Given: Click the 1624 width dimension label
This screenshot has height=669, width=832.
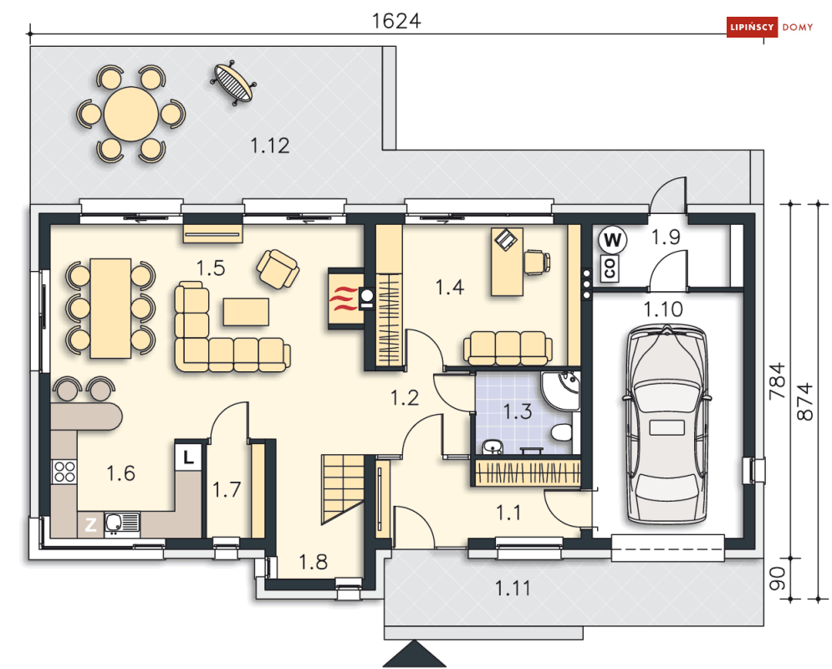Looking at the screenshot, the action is [396, 21].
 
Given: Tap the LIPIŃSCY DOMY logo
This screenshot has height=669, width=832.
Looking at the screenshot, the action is [770, 27].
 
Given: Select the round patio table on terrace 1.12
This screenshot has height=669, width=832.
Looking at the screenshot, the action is [131, 114].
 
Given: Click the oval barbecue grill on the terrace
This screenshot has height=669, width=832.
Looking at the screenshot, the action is [233, 82].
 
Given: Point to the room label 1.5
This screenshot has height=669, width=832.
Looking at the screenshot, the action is [211, 268].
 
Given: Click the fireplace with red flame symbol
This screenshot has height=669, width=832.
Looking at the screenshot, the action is [346, 299].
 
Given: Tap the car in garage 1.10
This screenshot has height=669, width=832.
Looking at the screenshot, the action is [667, 425].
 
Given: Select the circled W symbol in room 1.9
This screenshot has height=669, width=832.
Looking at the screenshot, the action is [612, 240].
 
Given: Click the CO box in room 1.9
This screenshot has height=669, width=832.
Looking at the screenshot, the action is [610, 268].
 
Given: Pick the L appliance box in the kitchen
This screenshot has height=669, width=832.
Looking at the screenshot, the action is [188, 457].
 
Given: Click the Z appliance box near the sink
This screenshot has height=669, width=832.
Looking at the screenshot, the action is [91, 524].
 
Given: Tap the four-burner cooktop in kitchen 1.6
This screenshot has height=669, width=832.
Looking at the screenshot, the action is [64, 472].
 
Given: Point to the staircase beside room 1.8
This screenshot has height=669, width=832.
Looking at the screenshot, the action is [343, 488].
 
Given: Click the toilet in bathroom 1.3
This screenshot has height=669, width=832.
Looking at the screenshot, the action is [561, 432].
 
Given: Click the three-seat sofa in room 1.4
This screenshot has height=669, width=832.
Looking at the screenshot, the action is [508, 348].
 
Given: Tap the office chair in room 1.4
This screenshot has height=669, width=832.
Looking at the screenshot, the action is [537, 262].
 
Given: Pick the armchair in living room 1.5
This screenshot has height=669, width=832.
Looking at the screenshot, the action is [278, 269].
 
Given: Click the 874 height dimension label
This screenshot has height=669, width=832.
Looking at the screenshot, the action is [805, 401].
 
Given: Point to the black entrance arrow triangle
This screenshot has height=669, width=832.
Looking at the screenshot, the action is [414, 654].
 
